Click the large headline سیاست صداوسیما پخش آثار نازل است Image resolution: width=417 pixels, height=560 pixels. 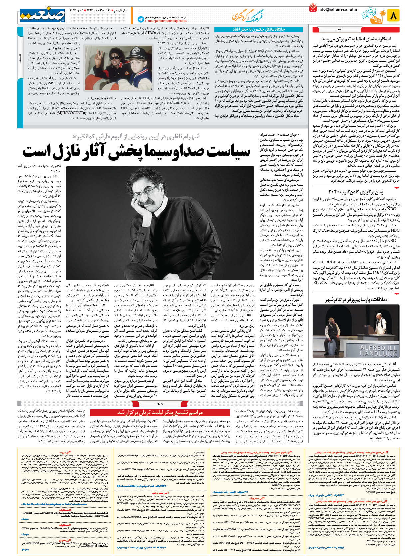(x=136, y=151)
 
